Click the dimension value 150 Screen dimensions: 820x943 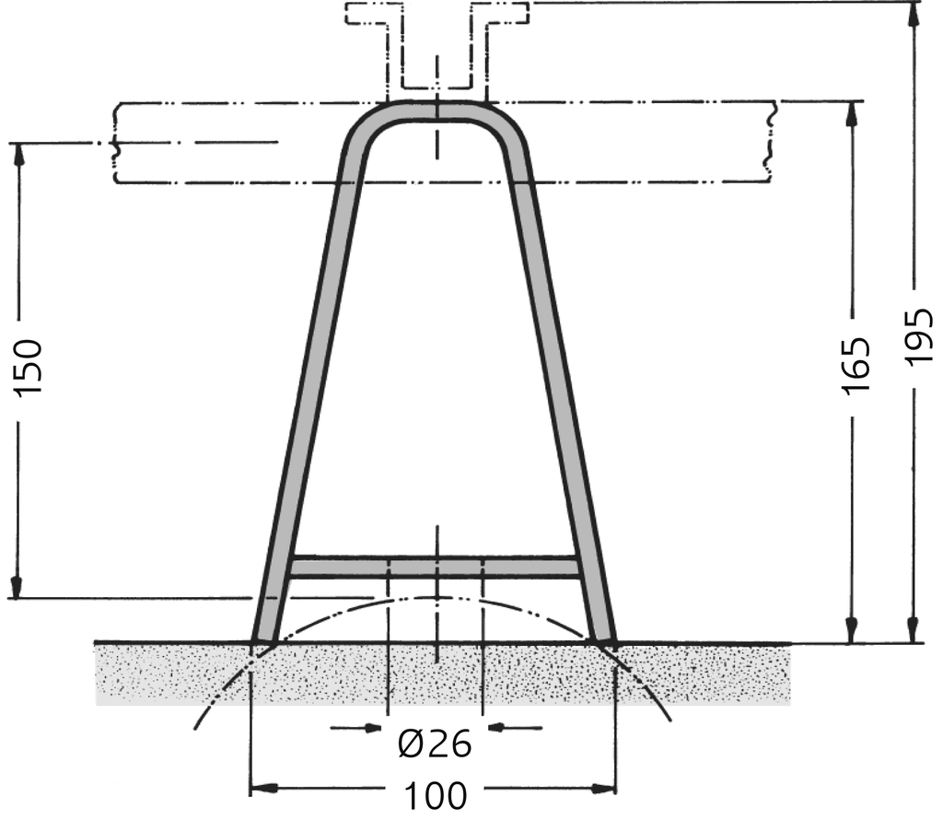coord(29,367)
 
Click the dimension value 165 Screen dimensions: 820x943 coord(856,367)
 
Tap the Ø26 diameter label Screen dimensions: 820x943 coord(435,743)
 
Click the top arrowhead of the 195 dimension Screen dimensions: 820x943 coord(913,14)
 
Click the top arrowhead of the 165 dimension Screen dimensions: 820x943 coord(852,111)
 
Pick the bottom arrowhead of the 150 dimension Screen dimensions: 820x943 coord(16,587)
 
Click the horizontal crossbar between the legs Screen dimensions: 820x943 coord(435,567)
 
